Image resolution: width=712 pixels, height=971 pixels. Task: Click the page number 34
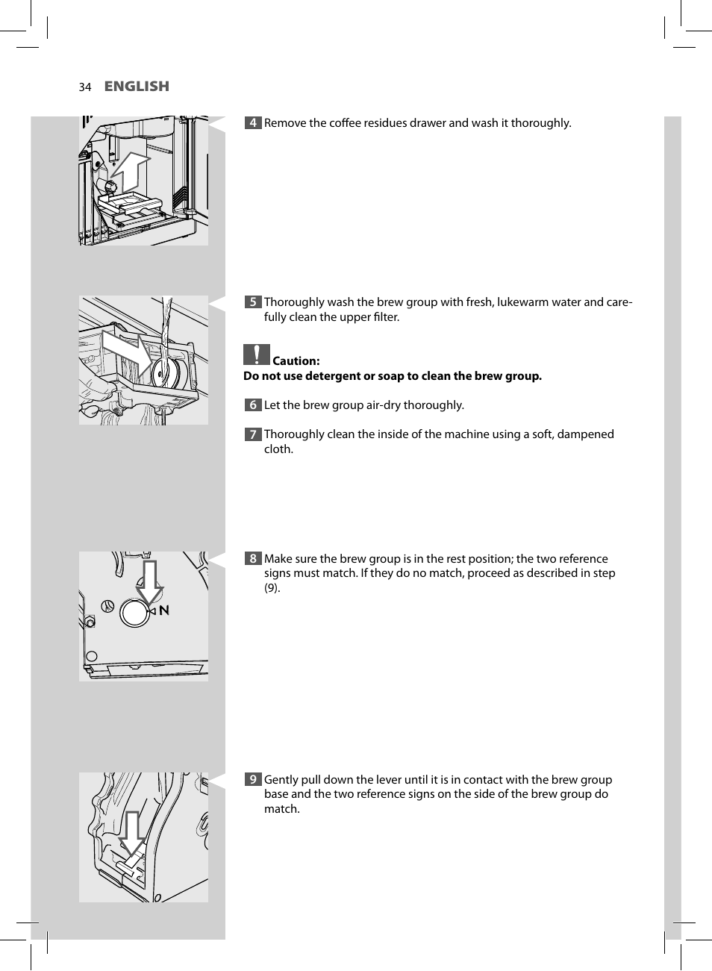[84, 87]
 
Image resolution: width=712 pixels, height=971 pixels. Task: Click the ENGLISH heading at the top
[137, 87]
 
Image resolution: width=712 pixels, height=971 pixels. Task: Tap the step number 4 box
[253, 123]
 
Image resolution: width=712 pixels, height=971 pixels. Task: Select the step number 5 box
[253, 302]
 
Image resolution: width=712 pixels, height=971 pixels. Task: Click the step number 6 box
[253, 405]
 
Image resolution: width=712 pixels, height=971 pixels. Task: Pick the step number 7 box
[253, 434]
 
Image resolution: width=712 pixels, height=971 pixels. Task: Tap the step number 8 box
[253, 559]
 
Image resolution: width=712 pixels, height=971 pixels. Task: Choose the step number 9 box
[253, 780]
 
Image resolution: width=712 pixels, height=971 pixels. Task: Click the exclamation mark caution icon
[256, 355]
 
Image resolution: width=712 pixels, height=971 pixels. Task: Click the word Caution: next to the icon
[296, 361]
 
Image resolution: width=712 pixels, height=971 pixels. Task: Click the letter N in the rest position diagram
[164, 611]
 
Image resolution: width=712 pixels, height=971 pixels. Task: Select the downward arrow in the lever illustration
[132, 833]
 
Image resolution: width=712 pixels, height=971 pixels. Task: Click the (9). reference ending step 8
[272, 588]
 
